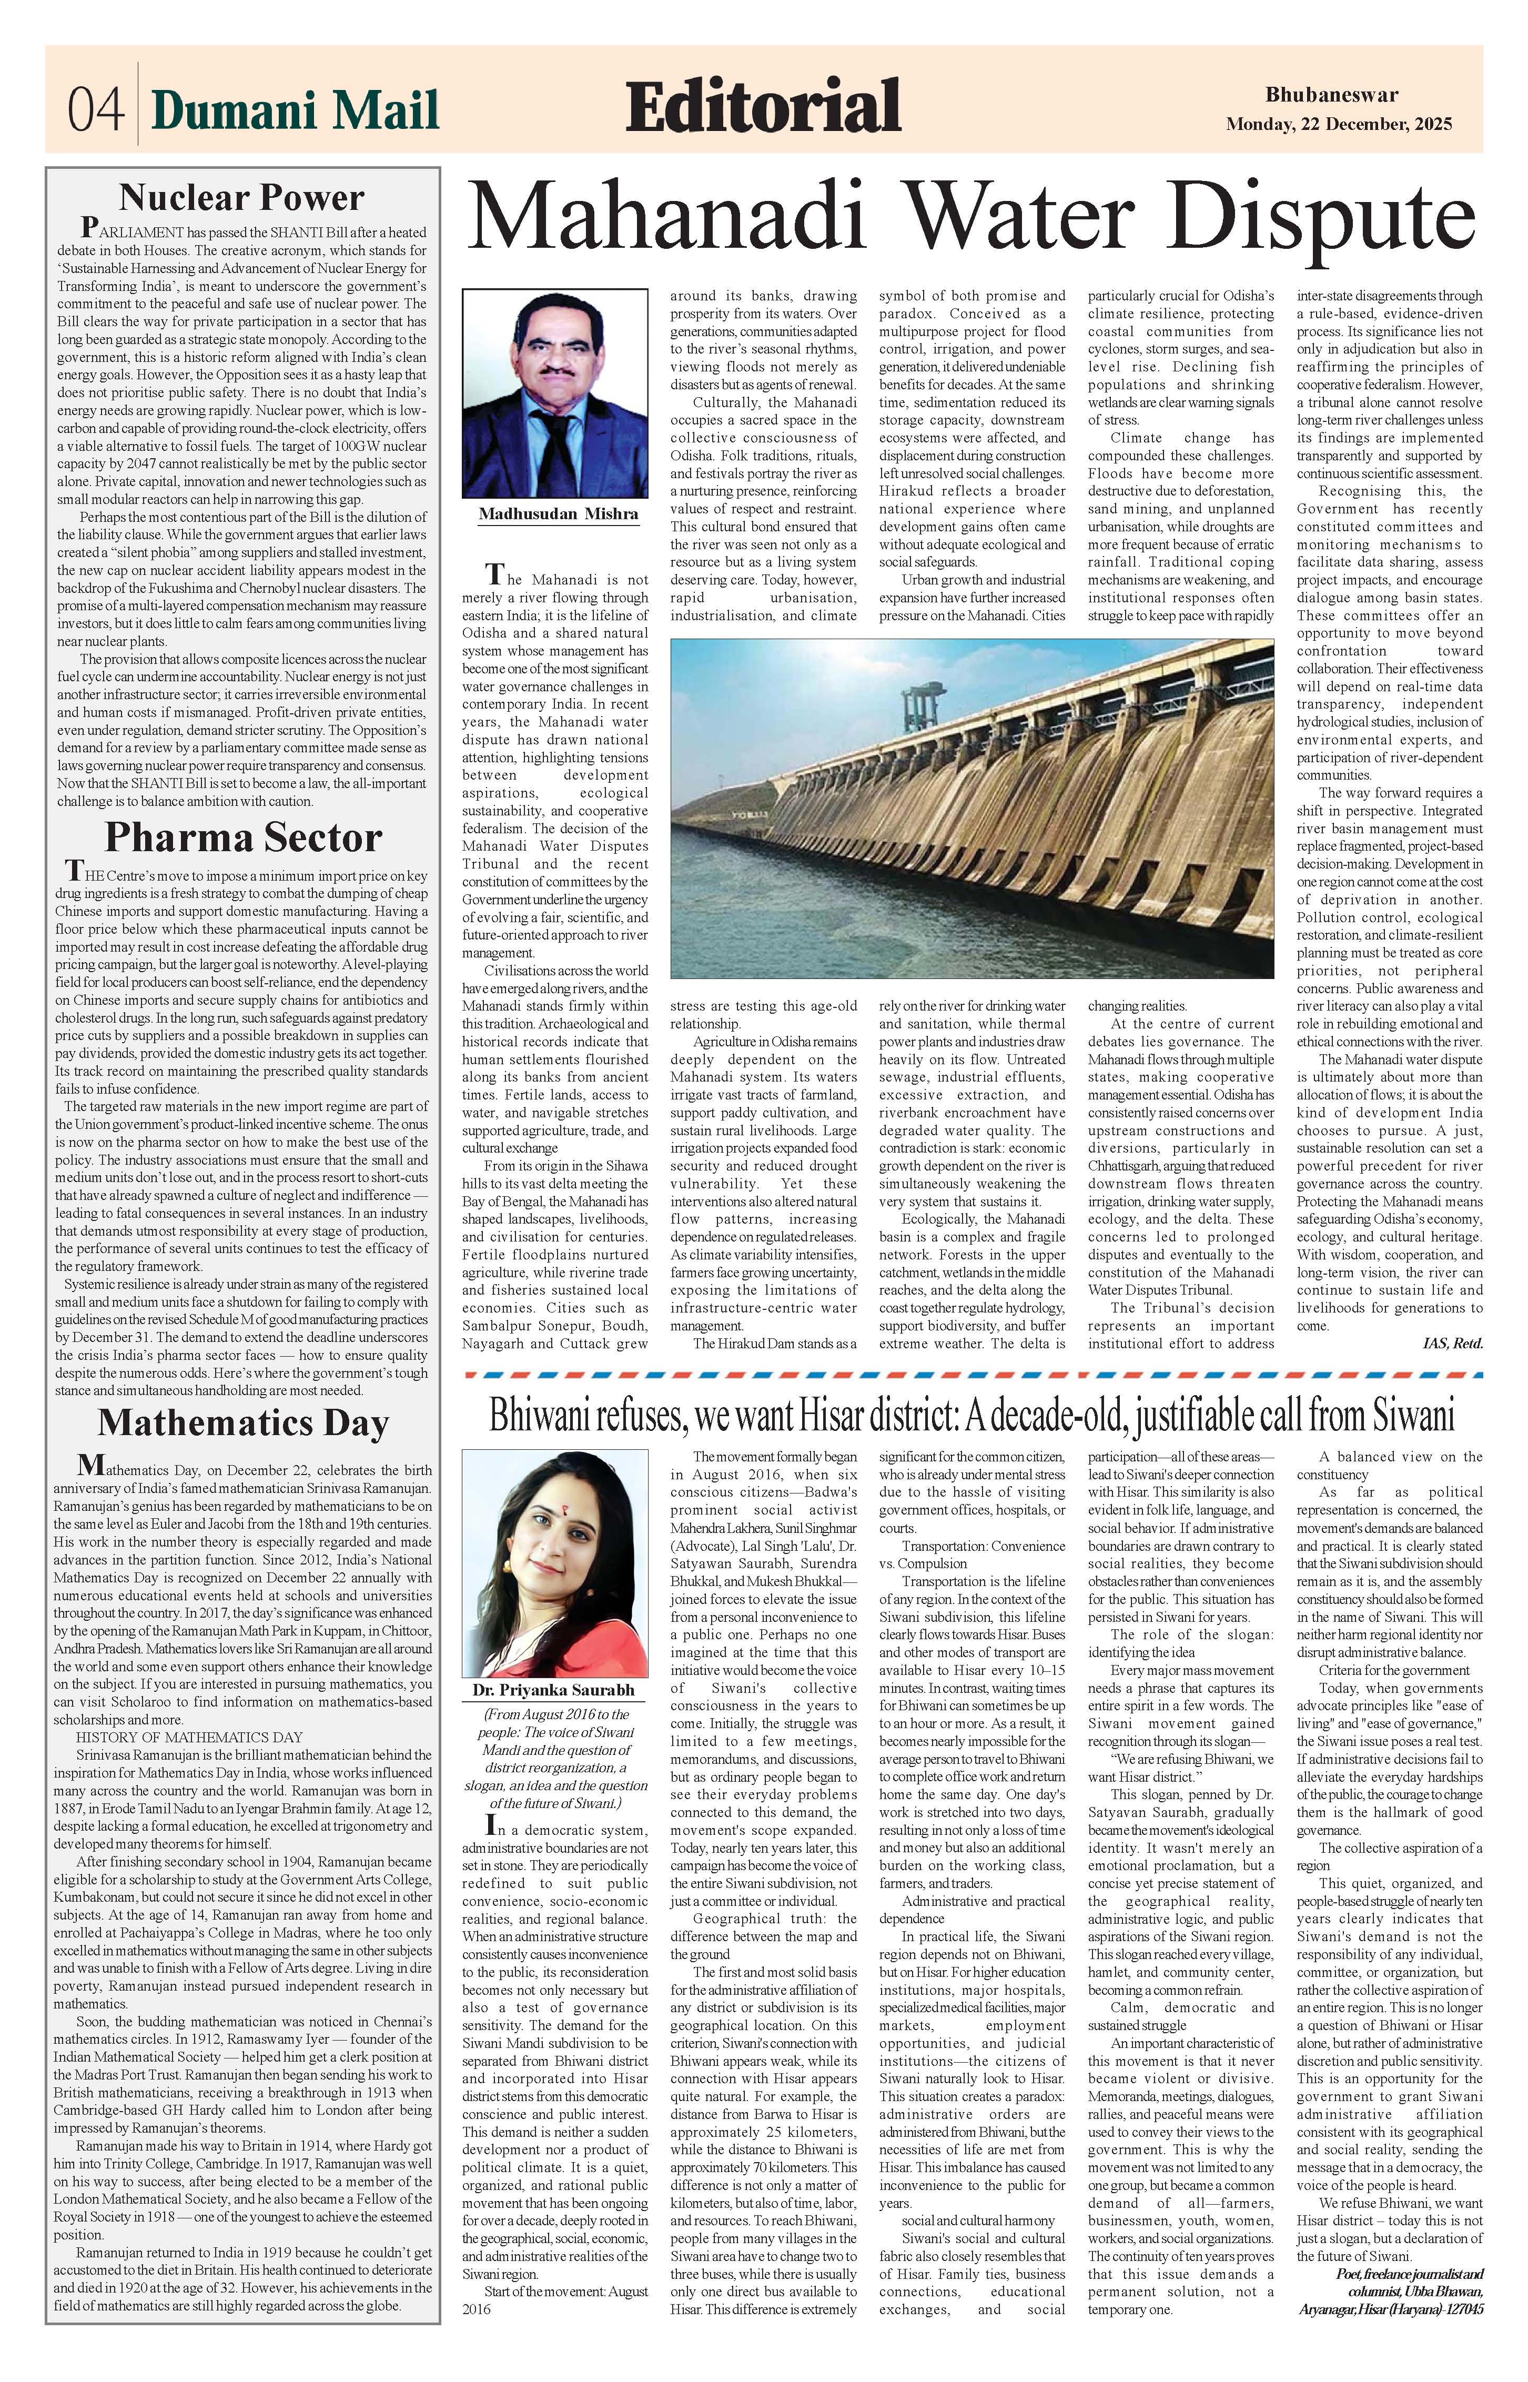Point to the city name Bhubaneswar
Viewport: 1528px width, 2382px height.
pos(1332,95)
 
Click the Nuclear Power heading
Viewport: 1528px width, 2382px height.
pos(242,197)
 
